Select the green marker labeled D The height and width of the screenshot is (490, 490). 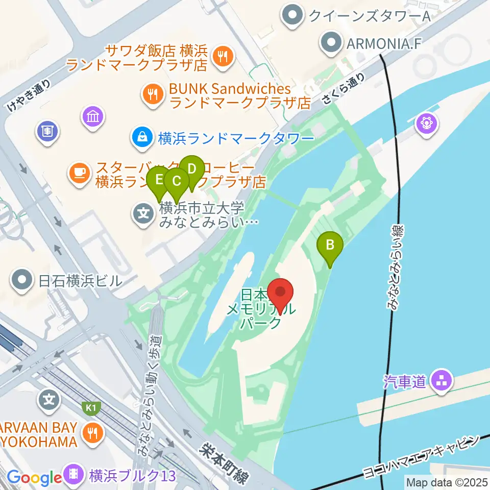[x=191, y=169]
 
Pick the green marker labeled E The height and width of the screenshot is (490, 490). [x=159, y=181]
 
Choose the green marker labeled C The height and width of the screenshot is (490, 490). [x=177, y=182]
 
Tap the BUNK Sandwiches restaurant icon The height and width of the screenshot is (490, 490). [x=153, y=93]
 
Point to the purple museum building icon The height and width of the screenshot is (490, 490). [x=93, y=117]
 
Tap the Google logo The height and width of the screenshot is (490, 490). [x=34, y=478]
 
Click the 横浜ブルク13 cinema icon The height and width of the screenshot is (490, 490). [x=75, y=476]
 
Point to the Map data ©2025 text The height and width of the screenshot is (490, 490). [x=446, y=482]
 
